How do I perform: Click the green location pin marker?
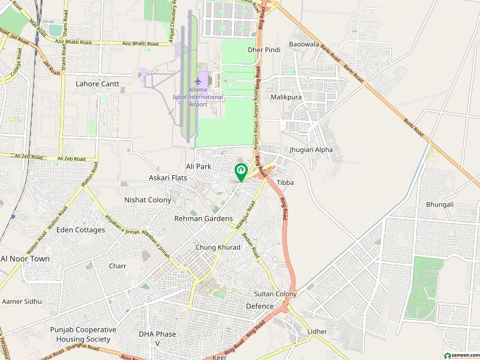point(241,172)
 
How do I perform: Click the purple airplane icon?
point(197,80)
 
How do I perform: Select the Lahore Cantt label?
point(97,84)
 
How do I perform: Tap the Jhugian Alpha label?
point(311,149)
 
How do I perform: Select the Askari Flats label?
point(168,178)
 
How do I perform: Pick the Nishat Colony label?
point(148,200)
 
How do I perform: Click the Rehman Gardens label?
point(203,219)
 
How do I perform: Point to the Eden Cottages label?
point(80,230)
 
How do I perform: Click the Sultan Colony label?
point(275,294)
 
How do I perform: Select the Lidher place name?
point(317,332)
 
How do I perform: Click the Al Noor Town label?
point(25,259)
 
